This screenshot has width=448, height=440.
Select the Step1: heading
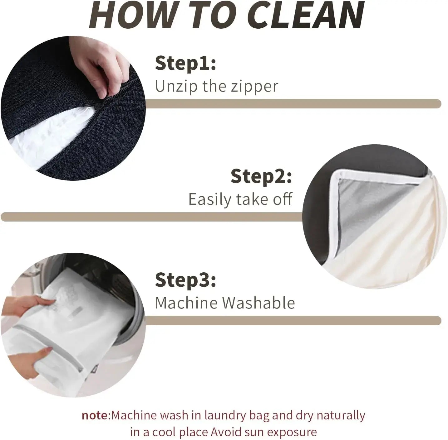click(x=185, y=63)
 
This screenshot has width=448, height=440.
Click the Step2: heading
click(x=261, y=177)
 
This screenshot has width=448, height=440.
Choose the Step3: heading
click(x=185, y=280)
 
